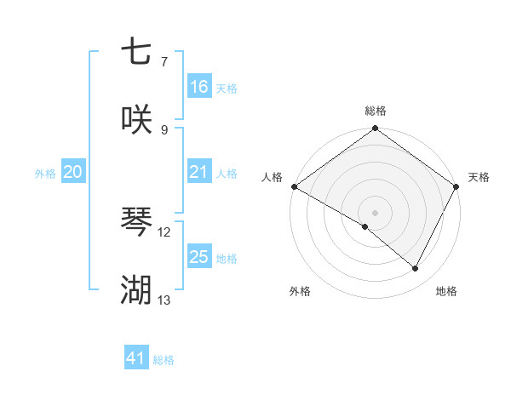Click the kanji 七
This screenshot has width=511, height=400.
[x=136, y=52]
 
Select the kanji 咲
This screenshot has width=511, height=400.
[x=136, y=119]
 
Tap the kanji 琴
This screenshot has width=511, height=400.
[x=136, y=222]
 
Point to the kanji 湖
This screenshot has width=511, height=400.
[x=136, y=290]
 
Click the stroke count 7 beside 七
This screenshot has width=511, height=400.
[x=164, y=62]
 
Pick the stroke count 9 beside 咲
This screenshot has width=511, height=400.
[x=164, y=129]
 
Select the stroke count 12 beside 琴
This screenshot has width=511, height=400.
[x=164, y=231]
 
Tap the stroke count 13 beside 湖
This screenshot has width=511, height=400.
[x=164, y=300]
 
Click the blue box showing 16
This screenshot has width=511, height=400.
[x=199, y=87]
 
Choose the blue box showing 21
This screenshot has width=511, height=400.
[x=199, y=173]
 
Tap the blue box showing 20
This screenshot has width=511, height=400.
[x=73, y=173]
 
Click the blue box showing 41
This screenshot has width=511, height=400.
[x=136, y=359]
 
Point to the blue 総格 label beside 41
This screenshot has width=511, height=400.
[x=164, y=360]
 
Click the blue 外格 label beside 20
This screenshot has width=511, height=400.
[x=45, y=174]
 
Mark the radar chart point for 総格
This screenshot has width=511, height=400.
[x=375, y=129]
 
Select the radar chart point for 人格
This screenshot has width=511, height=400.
[x=294, y=186]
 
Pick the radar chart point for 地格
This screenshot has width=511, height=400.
[x=416, y=269]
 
